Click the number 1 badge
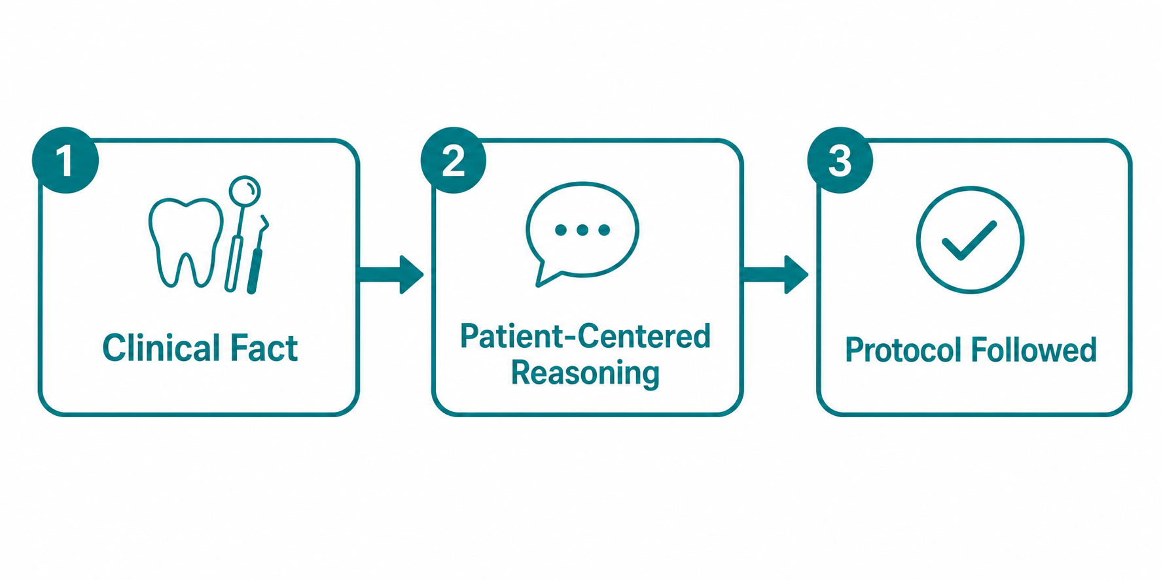click(65, 160)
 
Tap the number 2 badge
click(454, 160)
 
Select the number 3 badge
click(840, 160)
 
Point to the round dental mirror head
click(245, 191)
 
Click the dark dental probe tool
click(258, 255)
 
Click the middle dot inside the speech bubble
click(582, 230)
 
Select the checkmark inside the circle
click(969, 240)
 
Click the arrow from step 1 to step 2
click(391, 274)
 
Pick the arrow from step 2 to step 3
click(776, 274)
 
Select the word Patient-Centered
click(585, 336)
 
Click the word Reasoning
click(585, 373)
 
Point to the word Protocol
click(902, 350)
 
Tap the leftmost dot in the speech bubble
click(561, 230)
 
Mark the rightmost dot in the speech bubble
click(604, 230)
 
